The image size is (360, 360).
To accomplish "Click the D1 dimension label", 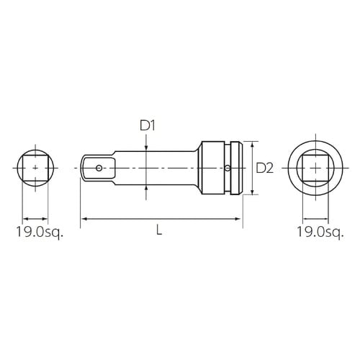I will pos(148,126).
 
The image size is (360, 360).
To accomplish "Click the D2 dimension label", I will pos(264,168).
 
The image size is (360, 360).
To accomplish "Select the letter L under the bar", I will pos(159,231).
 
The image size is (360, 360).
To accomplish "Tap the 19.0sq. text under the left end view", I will pos(37,232).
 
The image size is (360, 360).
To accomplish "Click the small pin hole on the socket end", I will pos(228,167).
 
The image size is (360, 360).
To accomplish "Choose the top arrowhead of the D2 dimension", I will pos(253,143).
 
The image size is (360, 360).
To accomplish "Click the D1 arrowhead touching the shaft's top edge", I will pos(148,150).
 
